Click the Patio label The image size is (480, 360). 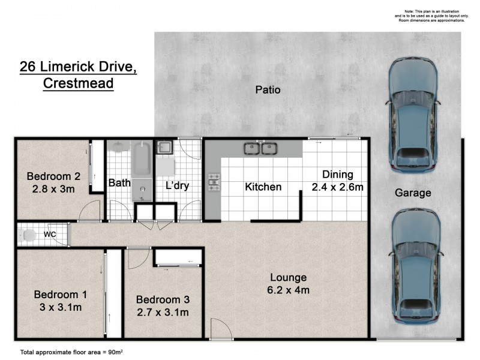tap(268, 89)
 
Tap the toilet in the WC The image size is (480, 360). tap(27, 235)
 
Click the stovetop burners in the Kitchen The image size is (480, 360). tap(214, 182)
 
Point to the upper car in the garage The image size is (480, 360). tap(413, 115)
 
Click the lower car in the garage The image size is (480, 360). tap(415, 266)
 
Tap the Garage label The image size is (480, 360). tap(413, 193)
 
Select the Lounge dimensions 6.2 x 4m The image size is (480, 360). tap(288, 290)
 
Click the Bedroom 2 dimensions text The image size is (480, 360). tap(53, 189)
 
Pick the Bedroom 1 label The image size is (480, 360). tap(61, 295)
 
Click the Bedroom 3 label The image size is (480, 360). tap(163, 299)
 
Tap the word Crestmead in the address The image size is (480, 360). tap(78, 83)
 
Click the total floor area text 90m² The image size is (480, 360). tap(115, 352)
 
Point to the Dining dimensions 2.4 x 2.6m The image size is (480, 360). tap(337, 187)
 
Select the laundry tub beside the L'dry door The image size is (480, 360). tap(164, 147)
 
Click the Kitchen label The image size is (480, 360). tap(263, 187)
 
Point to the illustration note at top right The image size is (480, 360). tap(431, 16)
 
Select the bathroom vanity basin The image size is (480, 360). tap(119, 146)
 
